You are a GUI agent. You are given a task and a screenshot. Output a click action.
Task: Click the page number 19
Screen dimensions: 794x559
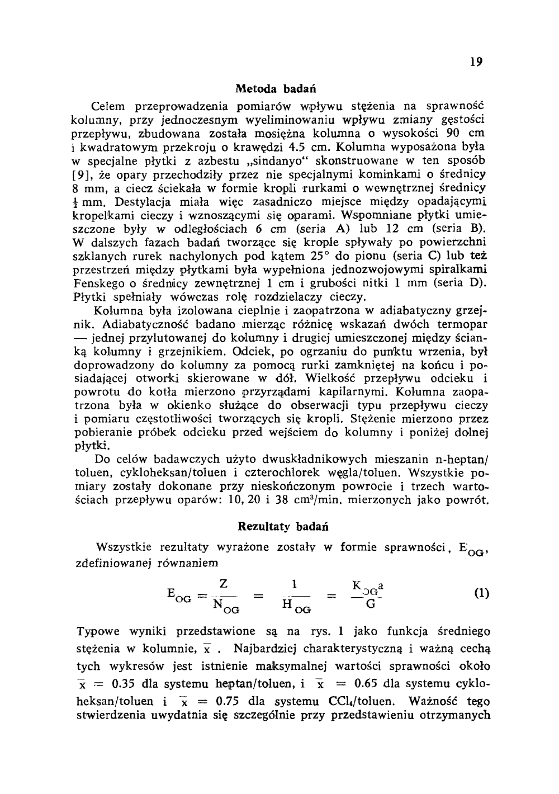point(476,62)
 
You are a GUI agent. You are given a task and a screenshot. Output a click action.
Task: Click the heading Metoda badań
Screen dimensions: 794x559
point(276,88)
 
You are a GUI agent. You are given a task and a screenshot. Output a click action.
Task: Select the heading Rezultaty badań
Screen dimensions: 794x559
point(283,527)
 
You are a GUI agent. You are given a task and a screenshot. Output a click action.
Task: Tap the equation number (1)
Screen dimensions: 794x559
point(481,593)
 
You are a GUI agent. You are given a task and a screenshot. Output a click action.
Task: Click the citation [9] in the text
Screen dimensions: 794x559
point(84,174)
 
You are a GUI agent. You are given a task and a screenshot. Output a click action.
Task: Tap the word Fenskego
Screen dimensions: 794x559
point(95,283)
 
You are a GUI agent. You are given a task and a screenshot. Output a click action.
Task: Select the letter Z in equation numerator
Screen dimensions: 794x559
point(224,583)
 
